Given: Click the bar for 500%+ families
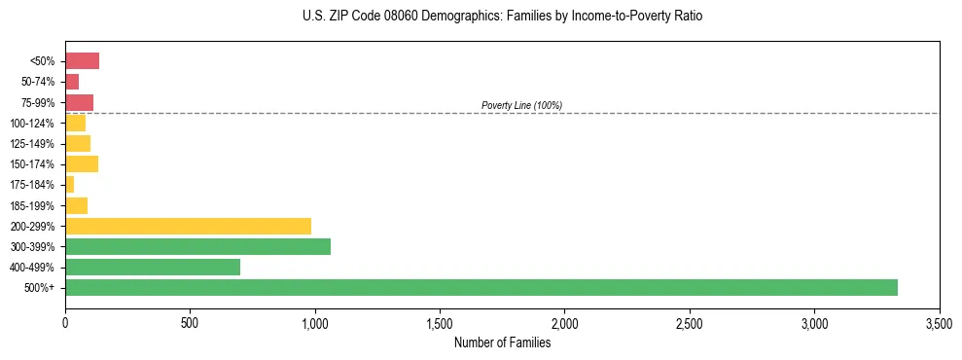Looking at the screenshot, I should tap(481, 287).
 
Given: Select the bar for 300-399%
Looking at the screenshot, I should tap(197, 246).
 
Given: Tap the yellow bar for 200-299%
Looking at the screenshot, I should tap(188, 226).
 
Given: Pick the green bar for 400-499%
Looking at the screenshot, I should tap(153, 267).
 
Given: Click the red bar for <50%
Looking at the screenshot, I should tap(82, 61).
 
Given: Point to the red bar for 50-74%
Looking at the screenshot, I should tap(72, 82).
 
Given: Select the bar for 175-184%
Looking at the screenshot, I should tap(70, 185).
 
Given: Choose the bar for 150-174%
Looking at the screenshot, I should tap(82, 163).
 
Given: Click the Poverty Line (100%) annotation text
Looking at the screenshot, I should tap(521, 105).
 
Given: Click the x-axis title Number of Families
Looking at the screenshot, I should tap(502, 342).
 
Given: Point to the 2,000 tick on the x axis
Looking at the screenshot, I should tap(564, 322).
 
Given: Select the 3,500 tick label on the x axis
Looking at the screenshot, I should tap(939, 322).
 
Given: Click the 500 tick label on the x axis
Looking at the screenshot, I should tap(190, 322).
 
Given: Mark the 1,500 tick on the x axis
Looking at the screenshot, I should tap(440, 322).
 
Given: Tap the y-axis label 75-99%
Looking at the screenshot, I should tap(39, 103).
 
